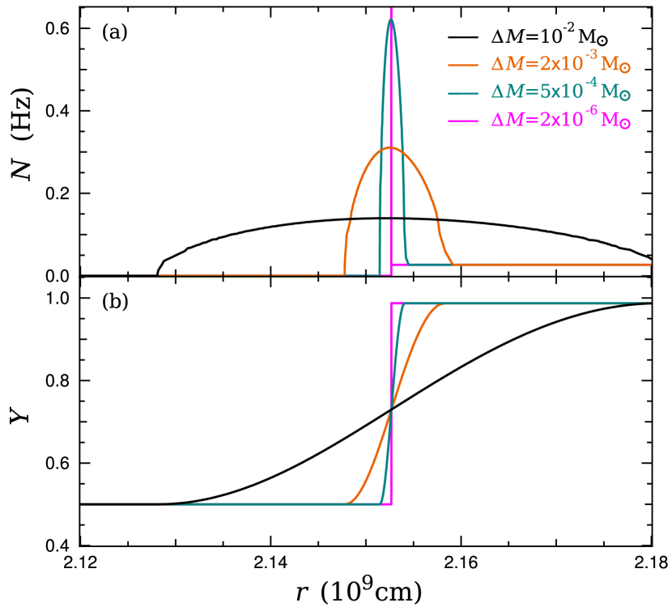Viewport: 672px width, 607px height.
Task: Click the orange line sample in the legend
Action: (x=464, y=65)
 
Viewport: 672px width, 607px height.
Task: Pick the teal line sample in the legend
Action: (x=464, y=93)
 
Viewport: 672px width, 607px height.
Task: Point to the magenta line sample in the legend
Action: (x=464, y=121)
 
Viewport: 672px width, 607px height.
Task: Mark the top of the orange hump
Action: (x=390, y=147)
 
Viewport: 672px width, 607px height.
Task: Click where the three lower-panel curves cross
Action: (x=391, y=410)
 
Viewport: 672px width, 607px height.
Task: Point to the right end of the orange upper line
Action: (x=649, y=264)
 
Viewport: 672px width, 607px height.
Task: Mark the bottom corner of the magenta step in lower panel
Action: (x=391, y=504)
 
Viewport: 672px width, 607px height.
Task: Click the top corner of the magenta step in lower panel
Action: (x=392, y=303)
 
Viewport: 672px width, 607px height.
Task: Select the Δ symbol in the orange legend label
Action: (x=496, y=65)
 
